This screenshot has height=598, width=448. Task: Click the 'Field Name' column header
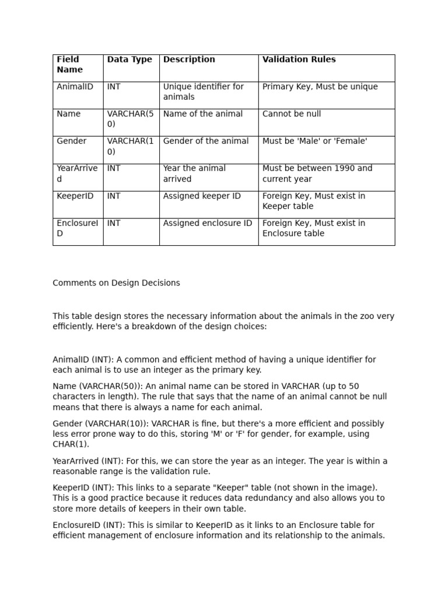coord(69,64)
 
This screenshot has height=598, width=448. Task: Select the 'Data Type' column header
coord(129,60)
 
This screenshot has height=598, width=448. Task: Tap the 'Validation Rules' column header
coord(299,60)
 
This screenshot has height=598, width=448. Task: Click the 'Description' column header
coord(189,60)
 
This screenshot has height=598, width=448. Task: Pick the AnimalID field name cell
coord(75,86)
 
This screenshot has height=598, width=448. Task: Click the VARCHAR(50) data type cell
coord(130,119)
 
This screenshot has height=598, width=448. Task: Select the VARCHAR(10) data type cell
coord(130,146)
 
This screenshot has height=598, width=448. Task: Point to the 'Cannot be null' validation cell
coord(292,114)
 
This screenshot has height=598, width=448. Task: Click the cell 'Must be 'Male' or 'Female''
coord(315,141)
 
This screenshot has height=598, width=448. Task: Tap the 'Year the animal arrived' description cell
coord(194,173)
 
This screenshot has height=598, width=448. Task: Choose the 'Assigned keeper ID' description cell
coord(202,196)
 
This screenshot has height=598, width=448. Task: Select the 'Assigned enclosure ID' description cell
coord(208,223)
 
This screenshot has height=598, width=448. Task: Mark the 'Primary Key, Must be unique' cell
coord(320,86)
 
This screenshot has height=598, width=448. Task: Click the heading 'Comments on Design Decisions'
coord(116,283)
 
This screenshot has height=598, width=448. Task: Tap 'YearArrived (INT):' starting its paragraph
coord(86,461)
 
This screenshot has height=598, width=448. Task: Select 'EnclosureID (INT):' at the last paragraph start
coord(88,525)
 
